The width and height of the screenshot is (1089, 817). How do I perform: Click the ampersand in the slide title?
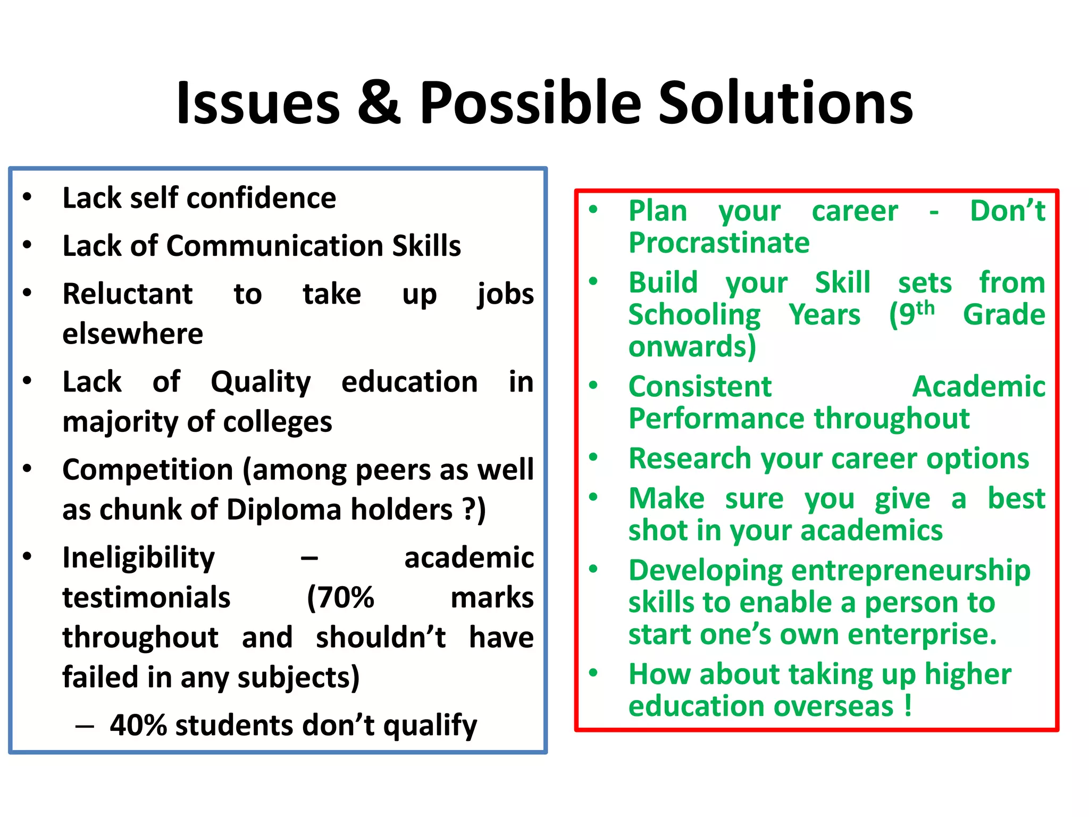[379, 103]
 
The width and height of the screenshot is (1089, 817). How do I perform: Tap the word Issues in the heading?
[258, 103]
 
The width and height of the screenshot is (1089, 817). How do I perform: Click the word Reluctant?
[128, 294]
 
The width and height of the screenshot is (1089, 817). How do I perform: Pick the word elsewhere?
[133, 334]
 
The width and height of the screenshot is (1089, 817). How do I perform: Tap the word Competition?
[148, 470]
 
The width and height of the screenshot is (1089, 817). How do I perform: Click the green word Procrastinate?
[719, 243]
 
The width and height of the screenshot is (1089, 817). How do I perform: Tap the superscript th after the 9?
[925, 308]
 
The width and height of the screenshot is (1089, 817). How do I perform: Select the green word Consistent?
[700, 387]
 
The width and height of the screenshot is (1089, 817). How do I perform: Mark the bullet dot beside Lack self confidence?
[28, 197]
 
